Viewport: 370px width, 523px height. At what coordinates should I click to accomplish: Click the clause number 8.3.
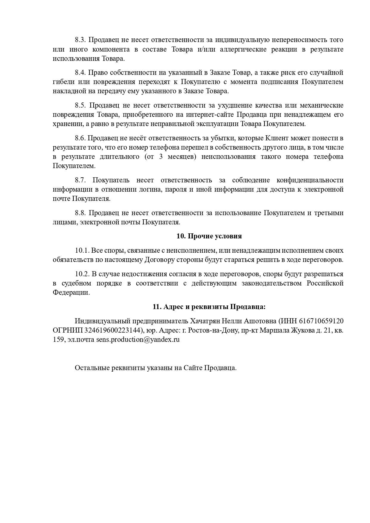[x=80, y=40]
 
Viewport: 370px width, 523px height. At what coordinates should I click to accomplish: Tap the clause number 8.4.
[x=80, y=73]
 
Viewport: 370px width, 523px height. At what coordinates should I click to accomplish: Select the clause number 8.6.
[x=80, y=138]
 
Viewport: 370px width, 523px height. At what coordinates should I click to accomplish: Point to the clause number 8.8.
[x=80, y=213]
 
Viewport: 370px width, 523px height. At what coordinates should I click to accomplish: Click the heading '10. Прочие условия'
[x=209, y=236]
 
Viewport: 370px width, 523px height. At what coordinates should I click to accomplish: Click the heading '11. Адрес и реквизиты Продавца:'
[x=209, y=307]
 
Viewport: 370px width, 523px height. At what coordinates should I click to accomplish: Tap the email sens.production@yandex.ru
[x=138, y=340]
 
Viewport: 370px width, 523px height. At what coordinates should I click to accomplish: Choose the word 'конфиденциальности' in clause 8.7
[x=310, y=180]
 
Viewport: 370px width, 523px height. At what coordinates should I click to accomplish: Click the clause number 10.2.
[x=82, y=274]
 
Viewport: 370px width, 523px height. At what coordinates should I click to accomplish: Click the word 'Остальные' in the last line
[x=92, y=368]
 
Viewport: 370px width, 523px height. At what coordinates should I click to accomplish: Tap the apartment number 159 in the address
[x=58, y=340]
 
